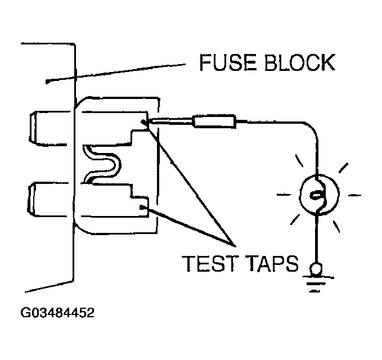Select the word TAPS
tap(272, 263)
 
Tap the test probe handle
tap(213, 120)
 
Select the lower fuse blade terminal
tap(51, 199)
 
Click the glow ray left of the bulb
tap(284, 195)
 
